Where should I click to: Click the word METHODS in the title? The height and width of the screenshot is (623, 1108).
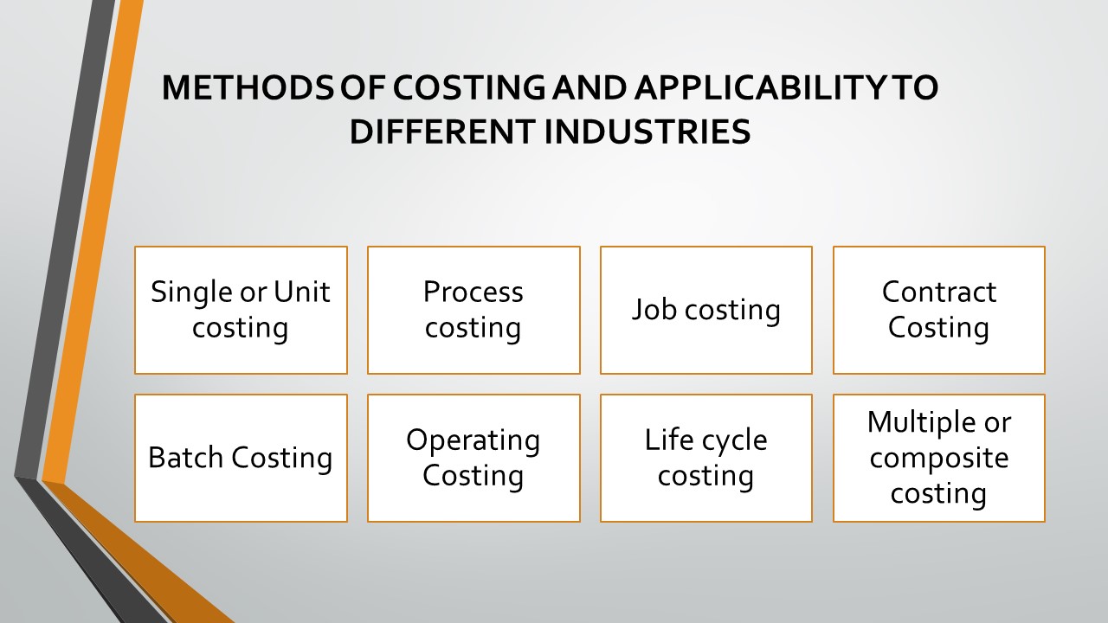point(248,88)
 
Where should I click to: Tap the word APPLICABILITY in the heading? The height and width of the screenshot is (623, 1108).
point(760,88)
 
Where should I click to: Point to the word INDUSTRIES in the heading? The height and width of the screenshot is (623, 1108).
point(647,132)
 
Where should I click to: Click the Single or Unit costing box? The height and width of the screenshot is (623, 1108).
point(241,310)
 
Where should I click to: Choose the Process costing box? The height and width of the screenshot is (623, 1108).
point(473,310)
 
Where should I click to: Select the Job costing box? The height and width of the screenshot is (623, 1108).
point(705,310)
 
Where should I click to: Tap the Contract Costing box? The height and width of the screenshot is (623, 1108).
point(939,310)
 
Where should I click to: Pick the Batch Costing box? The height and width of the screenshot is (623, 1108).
point(241,458)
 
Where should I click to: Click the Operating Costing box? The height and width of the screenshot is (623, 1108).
point(473,458)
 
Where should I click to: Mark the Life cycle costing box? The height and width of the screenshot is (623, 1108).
point(705,458)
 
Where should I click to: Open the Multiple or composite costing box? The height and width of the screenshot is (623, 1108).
point(939,458)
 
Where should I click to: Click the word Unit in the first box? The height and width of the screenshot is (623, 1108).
point(302,292)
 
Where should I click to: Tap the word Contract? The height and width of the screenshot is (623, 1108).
point(939,292)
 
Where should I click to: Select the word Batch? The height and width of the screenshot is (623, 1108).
point(185,458)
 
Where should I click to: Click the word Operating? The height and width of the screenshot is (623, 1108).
point(473,440)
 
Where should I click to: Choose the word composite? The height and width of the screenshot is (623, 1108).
point(939,459)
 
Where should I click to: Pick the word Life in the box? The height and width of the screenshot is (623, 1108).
point(666,440)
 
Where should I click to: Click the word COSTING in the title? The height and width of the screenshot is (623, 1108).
point(468,88)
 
